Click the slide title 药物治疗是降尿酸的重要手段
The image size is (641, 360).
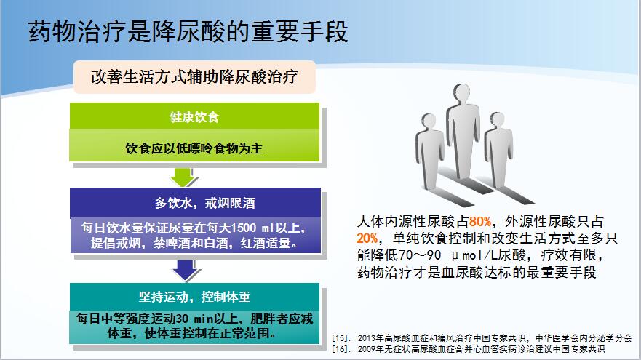[188, 31]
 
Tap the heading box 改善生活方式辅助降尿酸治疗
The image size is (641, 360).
[194, 77]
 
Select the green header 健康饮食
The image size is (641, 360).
[194, 116]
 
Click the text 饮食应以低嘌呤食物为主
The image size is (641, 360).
[194, 148]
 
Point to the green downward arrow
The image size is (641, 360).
[183, 177]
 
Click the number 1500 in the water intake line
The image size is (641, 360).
[244, 228]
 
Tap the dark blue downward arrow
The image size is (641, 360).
[186, 270]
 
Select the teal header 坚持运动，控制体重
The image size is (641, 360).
[194, 297]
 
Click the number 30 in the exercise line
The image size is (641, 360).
[183, 319]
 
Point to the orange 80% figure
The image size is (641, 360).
[480, 222]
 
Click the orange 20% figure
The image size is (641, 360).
[367, 239]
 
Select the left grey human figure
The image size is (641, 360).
[429, 151]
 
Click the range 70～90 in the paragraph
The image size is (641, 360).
[420, 255]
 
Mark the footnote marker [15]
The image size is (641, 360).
[341, 338]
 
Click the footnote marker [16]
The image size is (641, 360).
[341, 349]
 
